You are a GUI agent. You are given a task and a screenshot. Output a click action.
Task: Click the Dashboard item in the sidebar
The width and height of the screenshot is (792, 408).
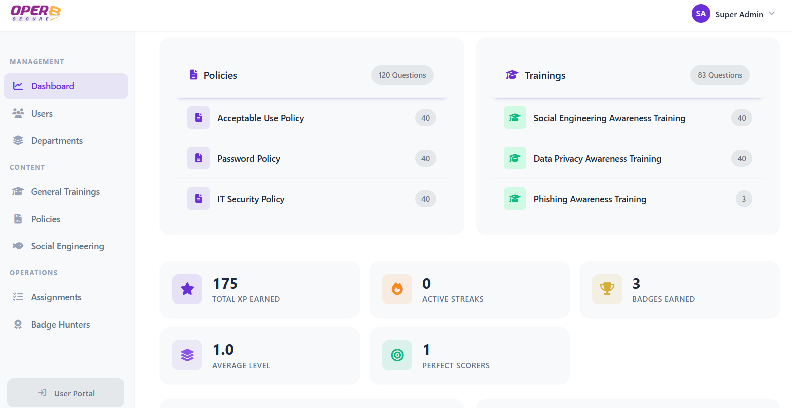coord(52,86)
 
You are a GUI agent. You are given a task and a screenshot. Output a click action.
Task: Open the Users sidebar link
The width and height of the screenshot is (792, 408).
coord(42,114)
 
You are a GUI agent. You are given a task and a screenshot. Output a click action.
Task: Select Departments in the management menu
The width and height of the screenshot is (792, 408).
coord(57,141)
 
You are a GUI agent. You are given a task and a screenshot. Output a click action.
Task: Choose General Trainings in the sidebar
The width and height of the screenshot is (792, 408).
coord(65,192)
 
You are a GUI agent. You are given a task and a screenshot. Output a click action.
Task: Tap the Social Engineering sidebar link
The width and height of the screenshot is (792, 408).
coord(67,246)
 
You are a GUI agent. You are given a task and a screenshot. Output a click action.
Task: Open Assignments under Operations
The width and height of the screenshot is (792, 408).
coord(56,297)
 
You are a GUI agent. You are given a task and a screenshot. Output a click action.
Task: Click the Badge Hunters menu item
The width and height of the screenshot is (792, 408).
coord(60,325)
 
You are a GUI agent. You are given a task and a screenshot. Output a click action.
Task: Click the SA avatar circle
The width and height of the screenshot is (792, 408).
coord(701,14)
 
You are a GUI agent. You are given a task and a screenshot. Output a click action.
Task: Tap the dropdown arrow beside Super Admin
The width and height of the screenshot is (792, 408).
coord(772,14)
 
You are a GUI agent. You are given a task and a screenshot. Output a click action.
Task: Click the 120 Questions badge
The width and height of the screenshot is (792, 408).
coord(402,75)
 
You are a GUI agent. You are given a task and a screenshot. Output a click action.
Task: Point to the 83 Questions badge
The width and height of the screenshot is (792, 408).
coord(720,75)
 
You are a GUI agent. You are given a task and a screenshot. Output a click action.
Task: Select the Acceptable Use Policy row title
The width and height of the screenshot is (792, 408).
coord(260,118)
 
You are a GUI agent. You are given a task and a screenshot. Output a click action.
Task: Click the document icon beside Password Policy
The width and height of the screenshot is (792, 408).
coord(198,158)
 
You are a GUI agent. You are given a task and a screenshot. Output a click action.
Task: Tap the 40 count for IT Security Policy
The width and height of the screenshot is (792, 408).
coord(425,199)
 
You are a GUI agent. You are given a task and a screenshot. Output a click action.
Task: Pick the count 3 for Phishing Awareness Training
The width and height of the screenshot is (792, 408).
coord(744,199)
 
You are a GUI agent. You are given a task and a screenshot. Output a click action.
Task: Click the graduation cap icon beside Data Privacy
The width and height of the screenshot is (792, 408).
coord(515,158)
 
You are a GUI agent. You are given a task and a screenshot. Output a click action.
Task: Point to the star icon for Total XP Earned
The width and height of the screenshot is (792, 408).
coord(187,289)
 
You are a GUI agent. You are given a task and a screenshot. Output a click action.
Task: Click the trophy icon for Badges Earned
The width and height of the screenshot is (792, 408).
coord(607,289)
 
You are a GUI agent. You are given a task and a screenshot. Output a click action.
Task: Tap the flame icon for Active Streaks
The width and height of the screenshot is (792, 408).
coord(397,289)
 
